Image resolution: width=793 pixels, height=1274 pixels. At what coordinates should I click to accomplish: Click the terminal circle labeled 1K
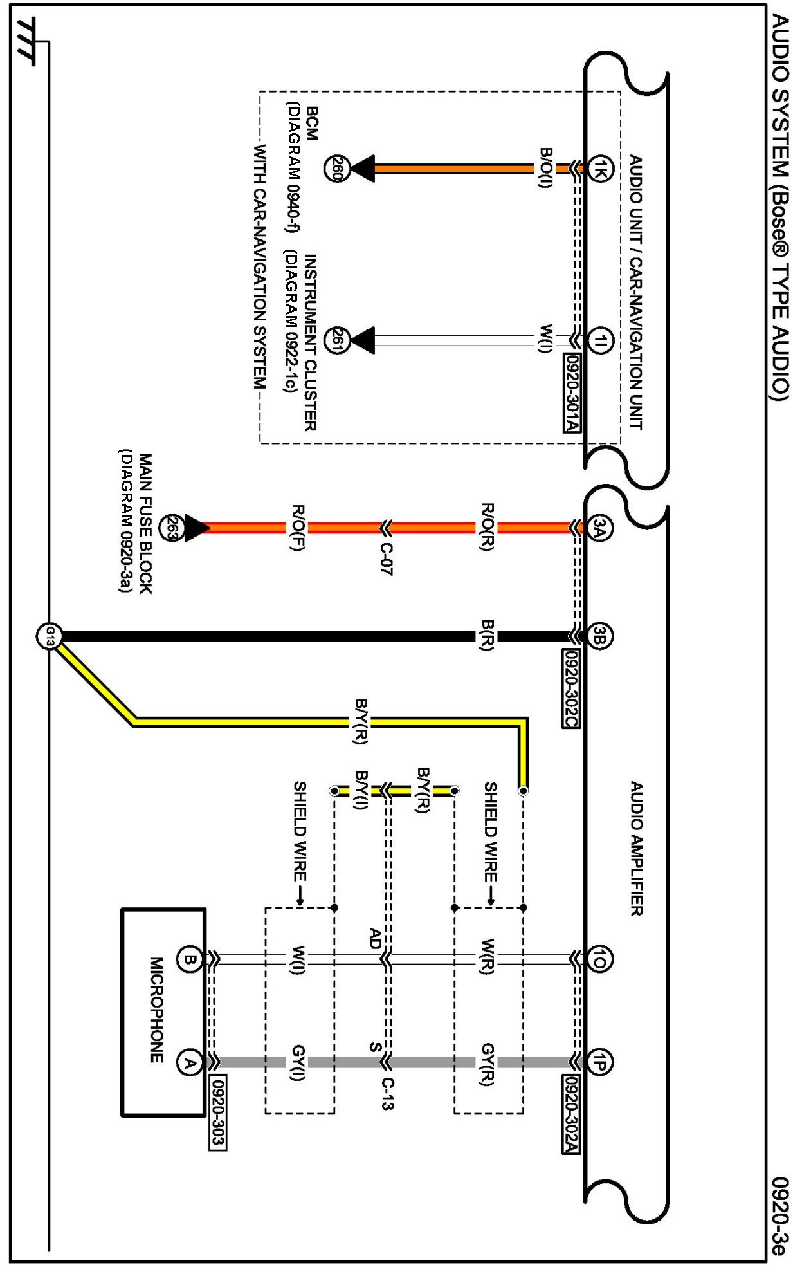pos(599,169)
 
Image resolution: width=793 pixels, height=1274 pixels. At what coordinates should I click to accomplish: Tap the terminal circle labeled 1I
pos(599,340)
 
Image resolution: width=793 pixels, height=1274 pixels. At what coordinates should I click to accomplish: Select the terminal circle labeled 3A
pos(599,528)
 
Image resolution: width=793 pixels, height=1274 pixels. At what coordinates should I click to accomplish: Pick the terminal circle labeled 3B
pos(599,636)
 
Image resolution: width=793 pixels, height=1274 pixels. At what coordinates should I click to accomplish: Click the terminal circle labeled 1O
pos(599,959)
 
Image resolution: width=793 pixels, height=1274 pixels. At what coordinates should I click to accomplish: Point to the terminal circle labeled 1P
pos(599,1062)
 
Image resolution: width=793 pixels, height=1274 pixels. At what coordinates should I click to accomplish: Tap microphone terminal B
pos(189,959)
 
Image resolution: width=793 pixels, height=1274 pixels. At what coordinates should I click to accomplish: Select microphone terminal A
pos(189,1062)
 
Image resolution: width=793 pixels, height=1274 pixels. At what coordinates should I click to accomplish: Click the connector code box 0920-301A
pos(572,392)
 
